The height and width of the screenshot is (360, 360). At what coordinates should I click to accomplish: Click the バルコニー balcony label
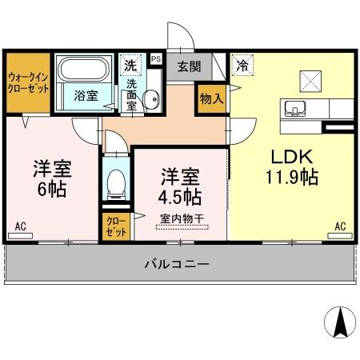(178, 262)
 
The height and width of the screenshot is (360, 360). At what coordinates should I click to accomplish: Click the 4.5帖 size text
(180, 194)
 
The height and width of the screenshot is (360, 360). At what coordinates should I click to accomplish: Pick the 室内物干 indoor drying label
(181, 217)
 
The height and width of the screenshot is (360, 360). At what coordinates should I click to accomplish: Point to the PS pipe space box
(155, 58)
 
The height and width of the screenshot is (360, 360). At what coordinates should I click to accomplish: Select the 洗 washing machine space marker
(130, 63)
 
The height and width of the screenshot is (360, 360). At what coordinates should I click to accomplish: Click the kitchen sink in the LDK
(292, 109)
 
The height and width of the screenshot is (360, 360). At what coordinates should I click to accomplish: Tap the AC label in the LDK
(339, 226)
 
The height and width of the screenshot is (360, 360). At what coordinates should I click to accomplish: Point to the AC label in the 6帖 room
(22, 226)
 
